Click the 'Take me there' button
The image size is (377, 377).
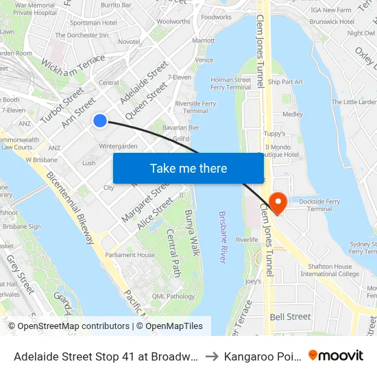tap(188, 168)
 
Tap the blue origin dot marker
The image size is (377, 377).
tap(100, 121)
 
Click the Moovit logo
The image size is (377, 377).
tap(336, 355)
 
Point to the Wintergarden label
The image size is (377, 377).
tap(119, 147)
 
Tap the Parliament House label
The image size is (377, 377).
tap(130, 255)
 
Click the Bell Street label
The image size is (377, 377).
tap(290, 317)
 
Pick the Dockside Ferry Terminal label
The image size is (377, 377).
tap(320, 205)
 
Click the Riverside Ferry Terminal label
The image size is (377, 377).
tap(195, 107)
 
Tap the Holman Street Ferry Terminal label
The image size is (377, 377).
tap(230, 84)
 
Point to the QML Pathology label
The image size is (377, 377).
tap(173, 296)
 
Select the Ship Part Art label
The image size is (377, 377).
tap(285, 82)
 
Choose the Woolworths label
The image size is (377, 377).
tap(173, 22)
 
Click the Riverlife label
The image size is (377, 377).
tap(247, 240)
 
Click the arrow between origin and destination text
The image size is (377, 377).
tap(212, 356)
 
